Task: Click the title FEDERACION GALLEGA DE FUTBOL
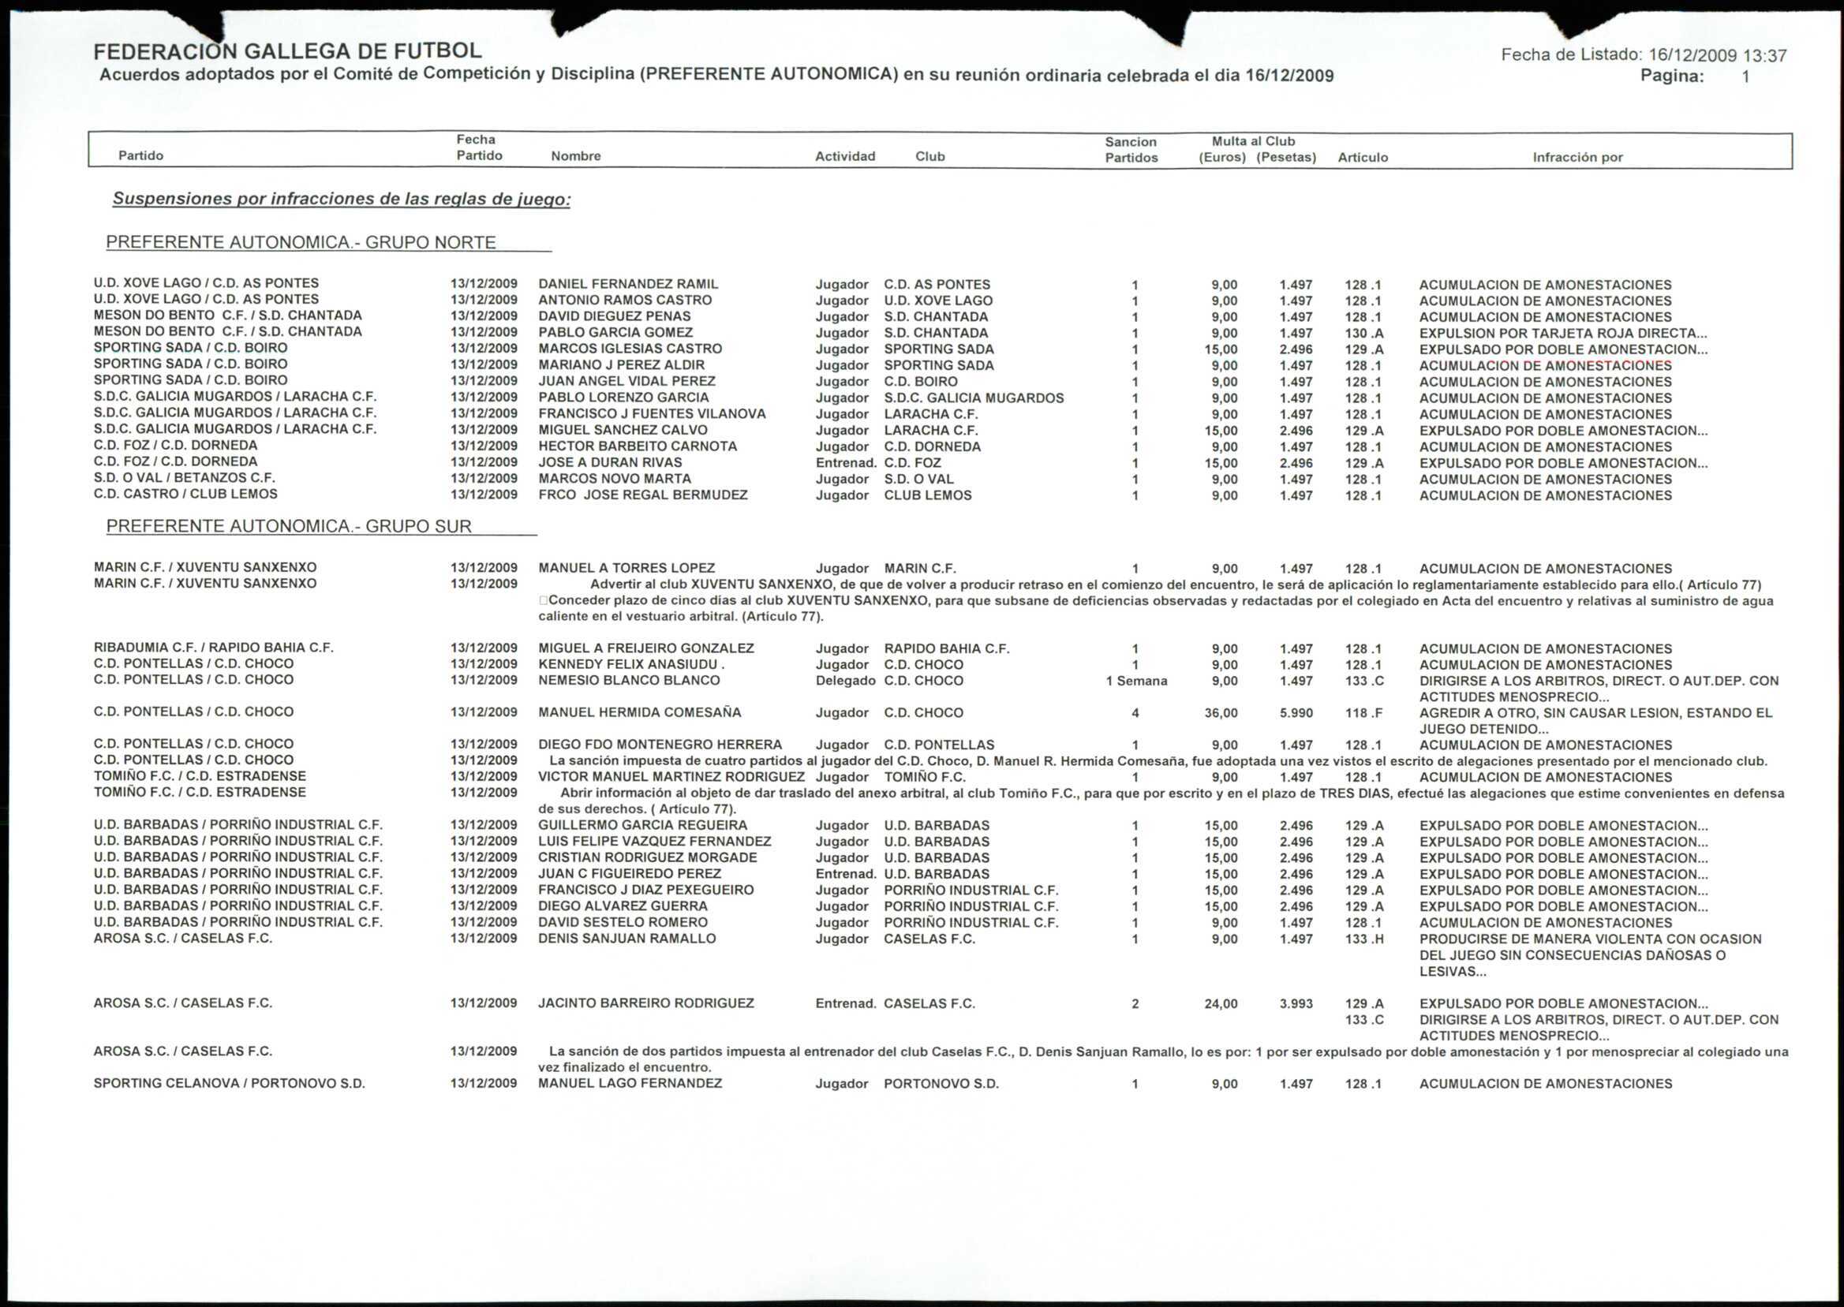point(287,50)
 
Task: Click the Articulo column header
point(1362,157)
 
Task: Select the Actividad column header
point(844,156)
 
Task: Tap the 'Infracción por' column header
point(1577,157)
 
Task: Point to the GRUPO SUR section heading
point(289,526)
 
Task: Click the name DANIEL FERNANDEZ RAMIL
point(628,284)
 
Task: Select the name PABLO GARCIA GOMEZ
point(615,332)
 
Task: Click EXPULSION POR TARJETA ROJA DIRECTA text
point(1562,333)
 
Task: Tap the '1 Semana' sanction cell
point(1135,681)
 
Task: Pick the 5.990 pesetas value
point(1295,713)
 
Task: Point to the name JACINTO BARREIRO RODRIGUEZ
point(645,1003)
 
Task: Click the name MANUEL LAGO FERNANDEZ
point(630,1084)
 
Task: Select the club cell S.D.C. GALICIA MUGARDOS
point(973,398)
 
